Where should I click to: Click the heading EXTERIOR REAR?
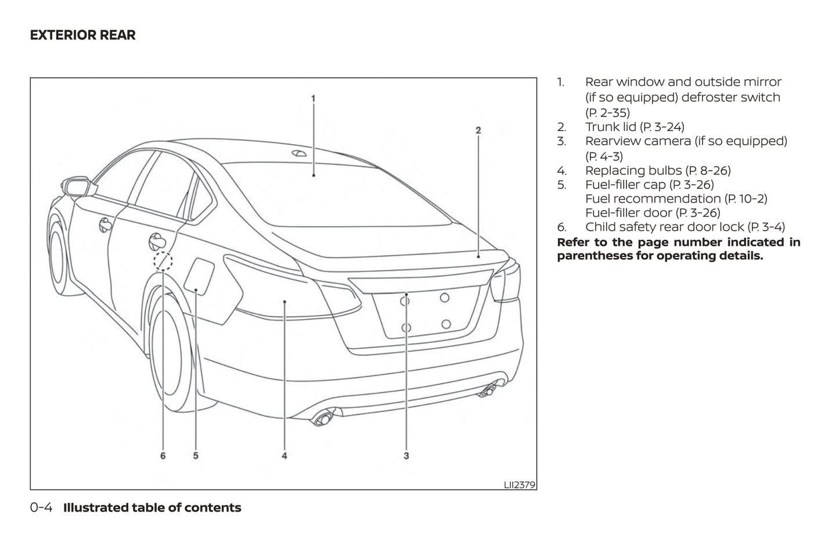coord(82,35)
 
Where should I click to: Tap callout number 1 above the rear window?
coord(313,99)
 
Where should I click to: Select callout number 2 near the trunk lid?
coord(478,130)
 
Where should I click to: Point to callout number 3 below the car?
coord(406,456)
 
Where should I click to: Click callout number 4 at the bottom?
coord(285,456)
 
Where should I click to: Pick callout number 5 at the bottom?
coord(196,456)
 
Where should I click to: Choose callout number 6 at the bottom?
coord(163,456)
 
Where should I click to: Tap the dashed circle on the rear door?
coord(163,262)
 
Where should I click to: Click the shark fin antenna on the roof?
coord(299,153)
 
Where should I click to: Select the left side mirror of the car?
coord(78,187)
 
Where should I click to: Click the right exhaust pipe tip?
coord(488,391)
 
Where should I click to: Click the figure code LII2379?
coord(519,484)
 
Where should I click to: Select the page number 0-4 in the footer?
coord(41,507)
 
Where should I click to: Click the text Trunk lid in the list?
coord(610,127)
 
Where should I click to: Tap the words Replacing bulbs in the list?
coord(633,170)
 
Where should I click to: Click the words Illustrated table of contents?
coord(152,507)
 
